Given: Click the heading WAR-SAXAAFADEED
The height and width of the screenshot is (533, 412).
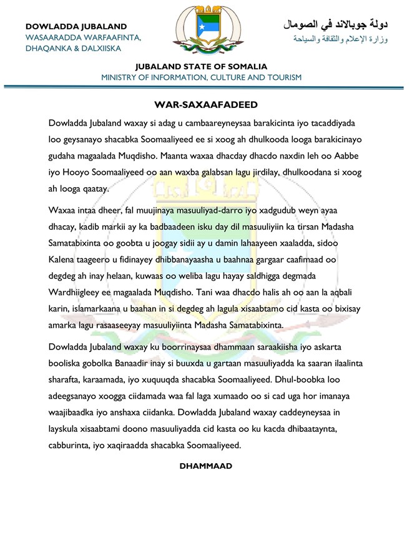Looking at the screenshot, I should click(206, 104).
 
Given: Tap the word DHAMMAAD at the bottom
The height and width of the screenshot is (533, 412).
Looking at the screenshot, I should click(205, 466).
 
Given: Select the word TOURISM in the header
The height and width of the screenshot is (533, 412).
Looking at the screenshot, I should click(283, 77).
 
